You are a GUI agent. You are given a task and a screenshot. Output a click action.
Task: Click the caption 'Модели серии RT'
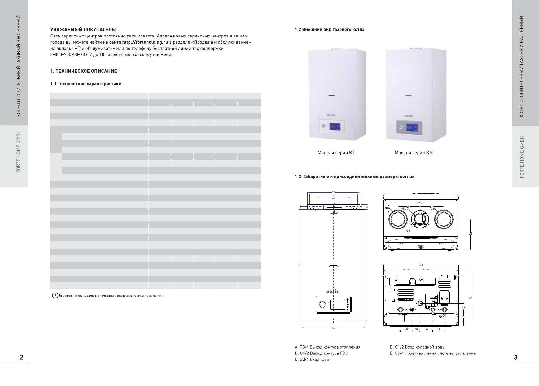(336, 153)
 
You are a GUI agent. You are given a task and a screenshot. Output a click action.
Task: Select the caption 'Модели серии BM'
(414, 153)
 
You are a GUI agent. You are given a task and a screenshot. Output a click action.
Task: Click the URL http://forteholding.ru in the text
(145, 42)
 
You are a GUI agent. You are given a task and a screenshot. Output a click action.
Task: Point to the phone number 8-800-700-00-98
(65, 55)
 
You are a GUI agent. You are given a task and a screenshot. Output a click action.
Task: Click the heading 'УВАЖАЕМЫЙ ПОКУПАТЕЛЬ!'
(84, 30)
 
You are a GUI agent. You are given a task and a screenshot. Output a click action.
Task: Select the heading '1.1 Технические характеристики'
(86, 84)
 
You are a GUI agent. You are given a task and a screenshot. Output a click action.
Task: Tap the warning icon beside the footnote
(55, 296)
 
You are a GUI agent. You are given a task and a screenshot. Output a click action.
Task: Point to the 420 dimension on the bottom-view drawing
(421, 265)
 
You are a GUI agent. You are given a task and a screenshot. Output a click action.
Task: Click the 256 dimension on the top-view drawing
(420, 203)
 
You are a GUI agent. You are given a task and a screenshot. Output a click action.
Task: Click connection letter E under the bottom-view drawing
(445, 331)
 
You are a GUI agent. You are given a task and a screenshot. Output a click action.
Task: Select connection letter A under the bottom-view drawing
(401, 331)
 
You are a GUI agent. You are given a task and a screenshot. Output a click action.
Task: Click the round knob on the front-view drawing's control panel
(322, 304)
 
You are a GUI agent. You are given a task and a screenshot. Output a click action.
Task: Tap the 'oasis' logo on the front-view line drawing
(333, 291)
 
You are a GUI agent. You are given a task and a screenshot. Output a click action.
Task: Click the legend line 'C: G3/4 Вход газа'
(312, 360)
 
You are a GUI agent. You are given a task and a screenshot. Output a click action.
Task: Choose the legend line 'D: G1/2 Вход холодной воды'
(417, 347)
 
